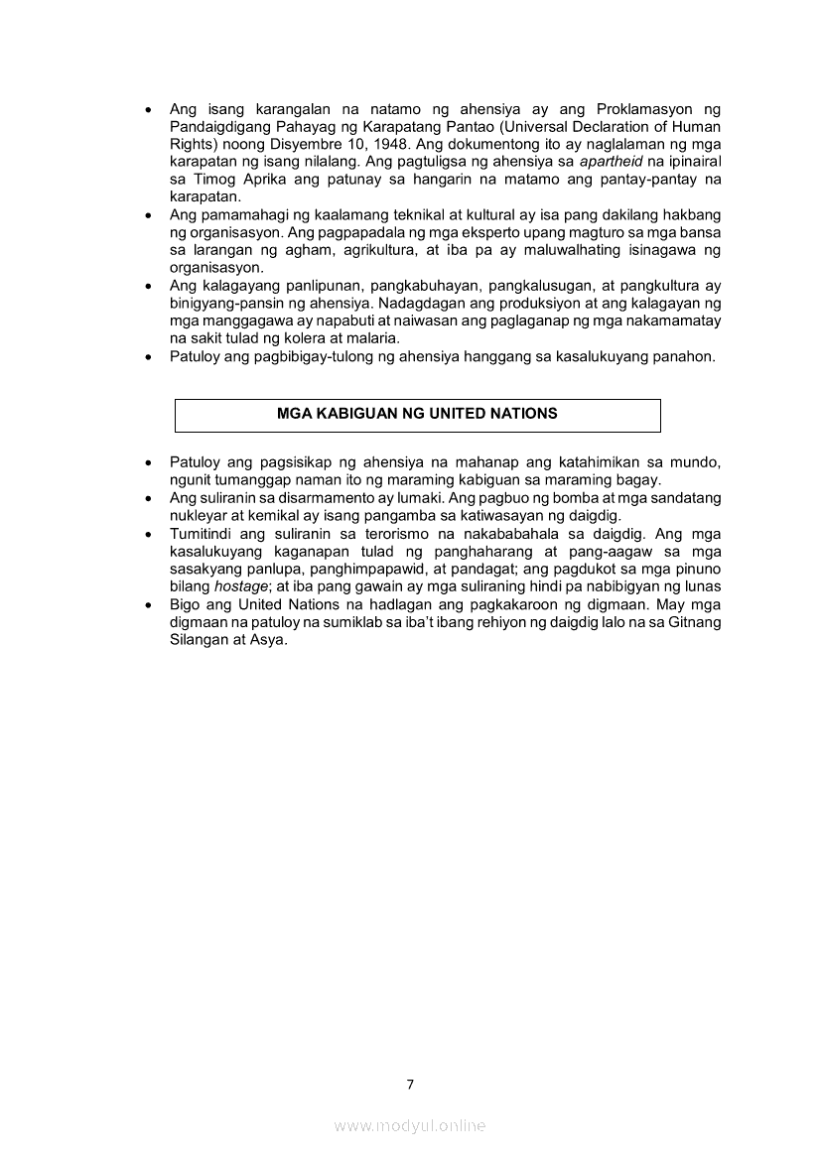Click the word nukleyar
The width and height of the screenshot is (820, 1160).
tap(199, 516)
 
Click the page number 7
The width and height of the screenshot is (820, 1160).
tap(410, 1084)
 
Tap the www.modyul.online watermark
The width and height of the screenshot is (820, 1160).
tap(410, 1125)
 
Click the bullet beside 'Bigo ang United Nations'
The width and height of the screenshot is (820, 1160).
tap(149, 604)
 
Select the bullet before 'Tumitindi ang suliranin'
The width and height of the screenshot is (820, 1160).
tap(149, 534)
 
